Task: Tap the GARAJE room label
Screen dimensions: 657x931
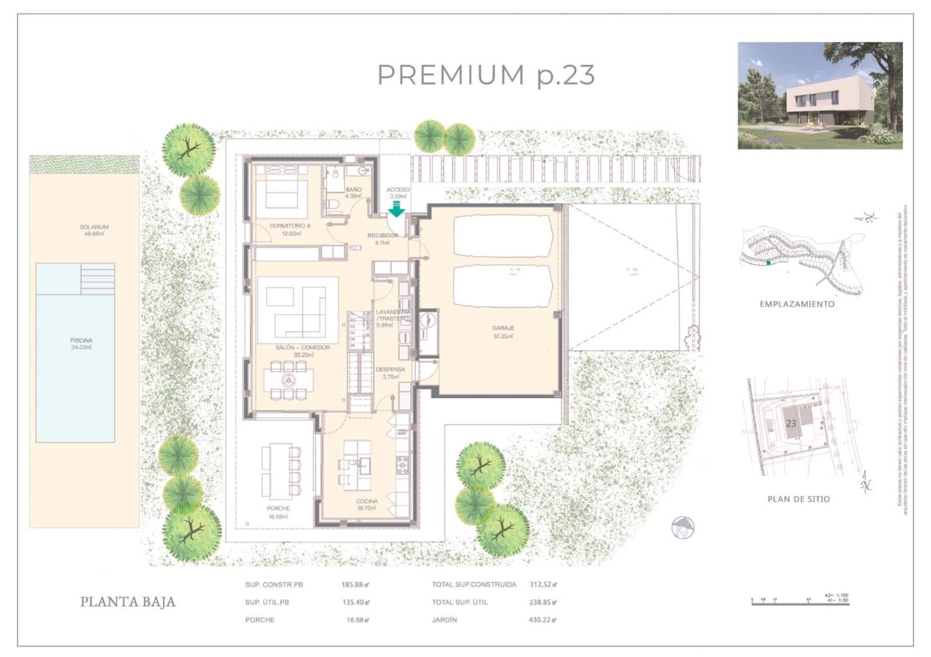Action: click(503, 328)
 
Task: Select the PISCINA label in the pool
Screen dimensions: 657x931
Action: click(81, 341)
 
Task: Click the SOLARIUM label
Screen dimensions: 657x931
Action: click(94, 227)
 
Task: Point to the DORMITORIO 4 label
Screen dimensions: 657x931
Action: click(289, 226)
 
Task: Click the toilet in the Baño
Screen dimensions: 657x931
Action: click(332, 205)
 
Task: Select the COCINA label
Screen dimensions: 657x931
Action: click(367, 501)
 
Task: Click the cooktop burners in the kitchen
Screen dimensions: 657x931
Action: click(402, 465)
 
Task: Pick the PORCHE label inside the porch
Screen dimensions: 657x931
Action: click(278, 509)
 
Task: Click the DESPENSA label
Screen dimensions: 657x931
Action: click(390, 370)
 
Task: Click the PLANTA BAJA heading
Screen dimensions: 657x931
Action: click(127, 602)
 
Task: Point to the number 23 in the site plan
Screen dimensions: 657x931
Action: click(791, 424)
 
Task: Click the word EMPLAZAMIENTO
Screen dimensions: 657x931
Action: click(797, 304)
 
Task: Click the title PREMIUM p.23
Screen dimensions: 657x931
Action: click(486, 75)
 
